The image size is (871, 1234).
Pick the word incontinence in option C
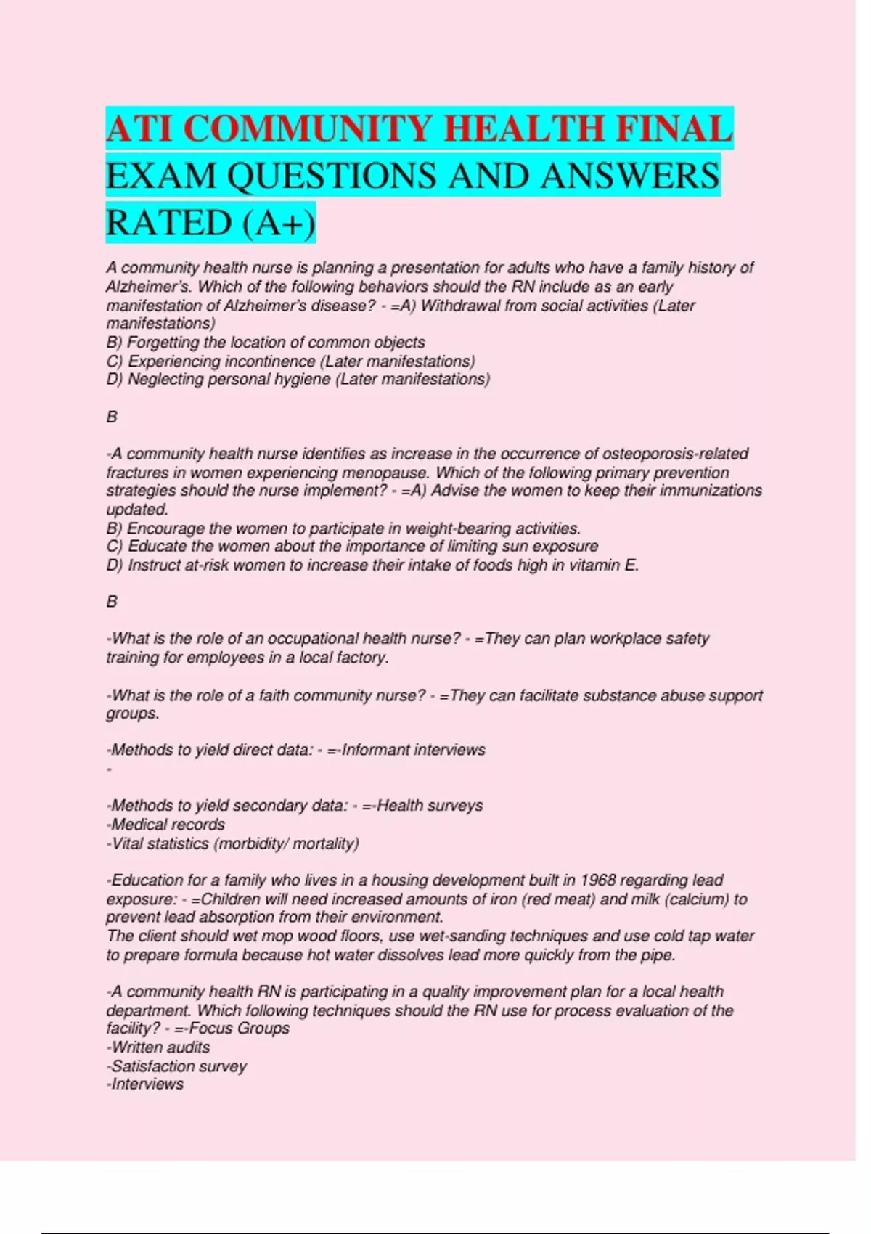(266, 361)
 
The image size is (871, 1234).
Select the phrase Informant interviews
(413, 750)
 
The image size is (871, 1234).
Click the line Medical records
(167, 825)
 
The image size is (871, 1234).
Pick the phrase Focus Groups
(239, 1029)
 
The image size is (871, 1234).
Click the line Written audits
(160, 1047)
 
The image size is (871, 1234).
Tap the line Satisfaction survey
(178, 1066)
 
